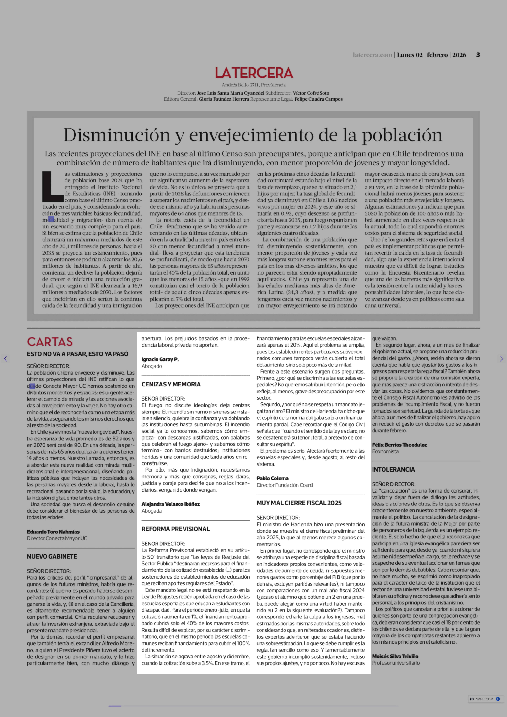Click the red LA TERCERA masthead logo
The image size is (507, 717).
[x=254, y=73]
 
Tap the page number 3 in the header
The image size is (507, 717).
[x=478, y=55]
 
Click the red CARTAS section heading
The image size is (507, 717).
[x=50, y=342]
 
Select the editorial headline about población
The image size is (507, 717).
[x=253, y=135]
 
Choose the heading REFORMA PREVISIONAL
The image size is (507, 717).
[x=175, y=529]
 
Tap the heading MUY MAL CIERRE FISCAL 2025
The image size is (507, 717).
[x=299, y=503]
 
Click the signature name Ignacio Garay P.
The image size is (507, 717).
[x=160, y=359]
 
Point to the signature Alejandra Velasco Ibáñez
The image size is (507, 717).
[x=170, y=504]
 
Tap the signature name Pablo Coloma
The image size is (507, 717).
[x=272, y=478]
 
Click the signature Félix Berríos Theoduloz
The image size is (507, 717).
[x=399, y=445]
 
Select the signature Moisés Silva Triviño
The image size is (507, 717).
[x=395, y=656]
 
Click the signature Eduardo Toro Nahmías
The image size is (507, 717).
[x=53, y=532]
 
